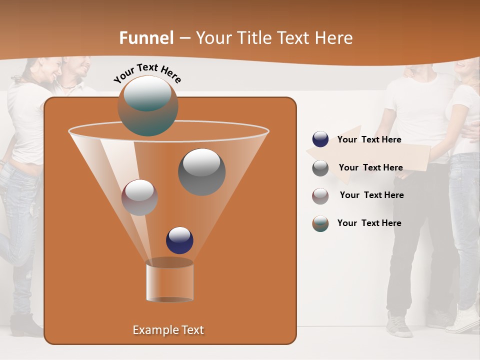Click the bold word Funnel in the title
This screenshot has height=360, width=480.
[x=146, y=38]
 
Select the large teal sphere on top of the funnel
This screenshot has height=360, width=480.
[x=148, y=106]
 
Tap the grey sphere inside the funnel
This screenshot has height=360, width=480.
[x=202, y=171]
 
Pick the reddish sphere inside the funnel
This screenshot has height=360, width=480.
[x=139, y=197]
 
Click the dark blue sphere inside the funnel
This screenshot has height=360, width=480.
[x=179, y=240]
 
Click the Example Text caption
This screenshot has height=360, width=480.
[x=168, y=330]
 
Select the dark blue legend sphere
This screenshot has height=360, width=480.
[x=320, y=139]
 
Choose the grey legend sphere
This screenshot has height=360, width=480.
[x=320, y=168]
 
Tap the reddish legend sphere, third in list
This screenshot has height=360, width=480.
[x=320, y=195]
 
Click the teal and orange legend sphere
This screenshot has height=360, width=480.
[x=320, y=223]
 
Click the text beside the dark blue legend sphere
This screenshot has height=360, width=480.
[x=369, y=140]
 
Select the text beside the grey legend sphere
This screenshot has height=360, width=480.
[x=370, y=168]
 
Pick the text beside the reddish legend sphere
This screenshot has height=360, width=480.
[x=371, y=195]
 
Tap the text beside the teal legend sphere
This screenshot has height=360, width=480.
[x=369, y=223]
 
